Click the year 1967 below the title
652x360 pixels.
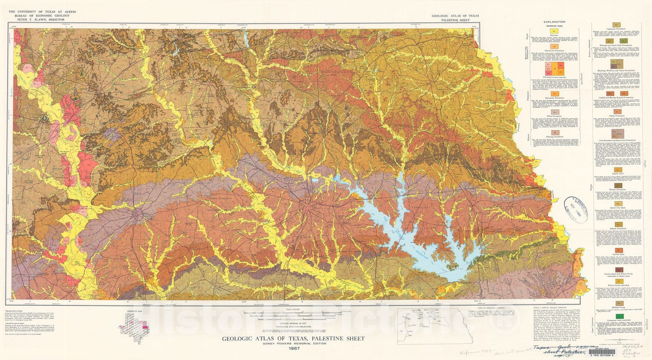click(x=293, y=349)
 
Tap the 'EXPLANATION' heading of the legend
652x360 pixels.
click(x=554, y=22)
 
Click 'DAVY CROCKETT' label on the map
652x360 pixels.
click(x=220, y=198)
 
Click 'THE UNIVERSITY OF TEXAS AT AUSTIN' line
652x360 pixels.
click(x=39, y=11)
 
